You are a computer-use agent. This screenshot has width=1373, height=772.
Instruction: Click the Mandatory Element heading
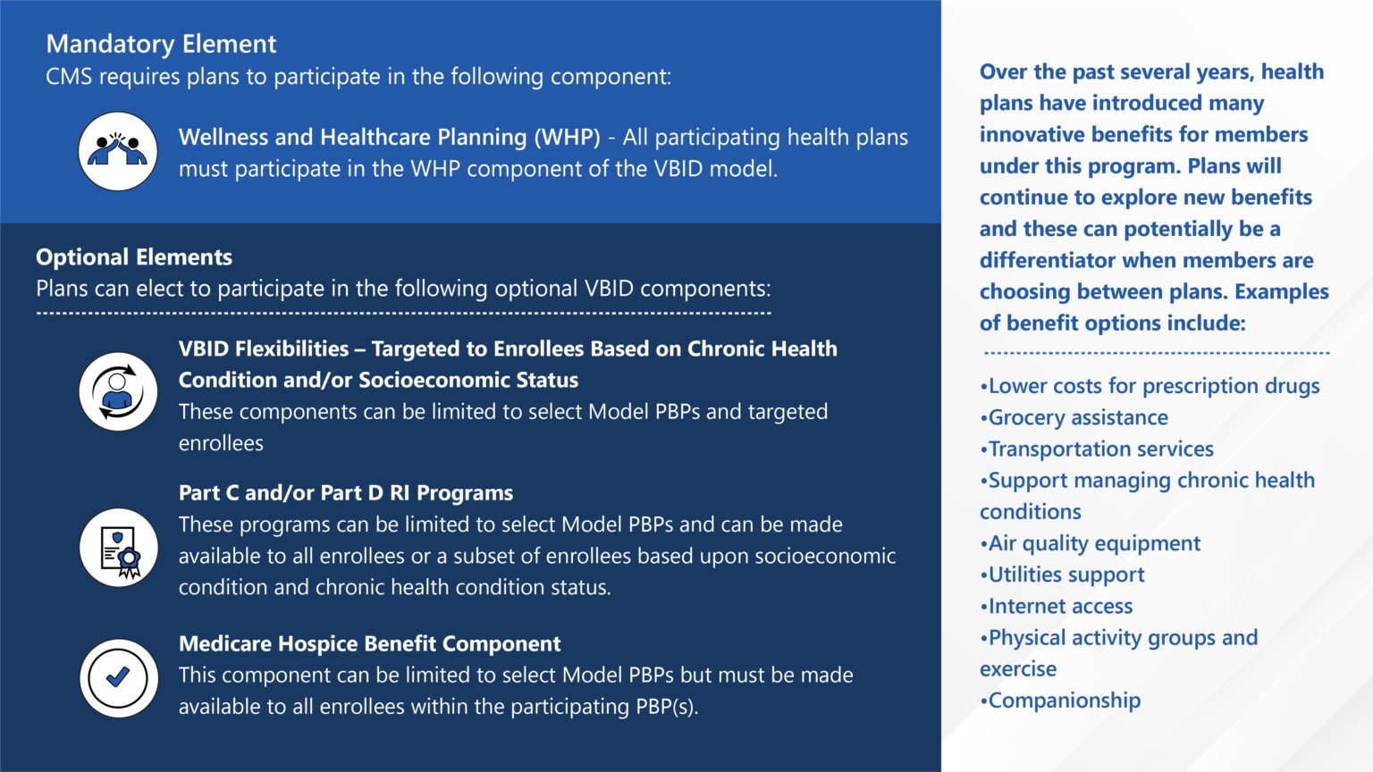[x=161, y=44]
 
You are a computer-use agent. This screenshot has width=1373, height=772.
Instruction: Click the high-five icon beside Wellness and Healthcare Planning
[x=118, y=151]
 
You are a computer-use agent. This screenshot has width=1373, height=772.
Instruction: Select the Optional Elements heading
[x=134, y=257]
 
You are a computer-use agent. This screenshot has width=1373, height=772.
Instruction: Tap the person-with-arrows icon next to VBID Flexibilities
[x=118, y=392]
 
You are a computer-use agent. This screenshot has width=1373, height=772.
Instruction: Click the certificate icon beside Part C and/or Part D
[x=118, y=548]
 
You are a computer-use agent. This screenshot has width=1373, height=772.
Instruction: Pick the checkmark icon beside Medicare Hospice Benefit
[x=118, y=678]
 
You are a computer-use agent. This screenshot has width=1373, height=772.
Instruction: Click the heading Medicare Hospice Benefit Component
[x=369, y=643]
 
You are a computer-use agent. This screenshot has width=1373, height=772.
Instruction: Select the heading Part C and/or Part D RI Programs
[x=346, y=493]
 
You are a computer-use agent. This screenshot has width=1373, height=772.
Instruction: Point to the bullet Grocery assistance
[x=1076, y=417]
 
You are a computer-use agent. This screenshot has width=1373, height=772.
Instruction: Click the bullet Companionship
[x=1063, y=701]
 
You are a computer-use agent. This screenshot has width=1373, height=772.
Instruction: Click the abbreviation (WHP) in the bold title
[x=567, y=138]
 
